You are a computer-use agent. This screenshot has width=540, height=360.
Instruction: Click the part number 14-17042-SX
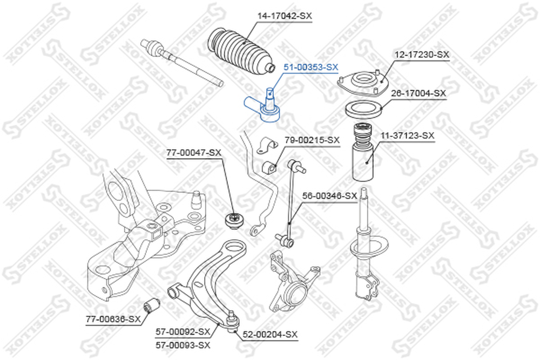click(x=285, y=16)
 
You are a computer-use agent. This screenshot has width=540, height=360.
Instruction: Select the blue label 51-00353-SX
click(x=311, y=67)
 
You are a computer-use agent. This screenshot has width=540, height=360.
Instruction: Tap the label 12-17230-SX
click(x=422, y=55)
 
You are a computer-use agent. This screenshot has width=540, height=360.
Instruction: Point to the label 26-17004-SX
click(x=418, y=93)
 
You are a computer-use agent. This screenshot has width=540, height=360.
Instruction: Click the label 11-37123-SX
click(x=407, y=135)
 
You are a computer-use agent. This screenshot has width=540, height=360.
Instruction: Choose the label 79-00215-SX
click(x=312, y=140)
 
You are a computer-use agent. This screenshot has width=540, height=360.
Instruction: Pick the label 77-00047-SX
click(x=193, y=152)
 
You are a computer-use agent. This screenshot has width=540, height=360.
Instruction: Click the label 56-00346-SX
click(x=329, y=196)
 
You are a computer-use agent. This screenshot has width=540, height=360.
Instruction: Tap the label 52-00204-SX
click(x=270, y=334)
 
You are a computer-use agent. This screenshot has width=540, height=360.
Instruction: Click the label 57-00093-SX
click(x=183, y=345)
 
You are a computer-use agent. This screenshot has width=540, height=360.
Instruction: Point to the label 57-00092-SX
click(x=183, y=332)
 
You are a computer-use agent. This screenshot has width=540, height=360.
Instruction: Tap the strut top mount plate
click(x=363, y=83)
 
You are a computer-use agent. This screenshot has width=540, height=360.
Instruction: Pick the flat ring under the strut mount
click(x=364, y=110)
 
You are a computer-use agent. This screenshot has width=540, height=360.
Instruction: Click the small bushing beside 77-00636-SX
click(x=152, y=305)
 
